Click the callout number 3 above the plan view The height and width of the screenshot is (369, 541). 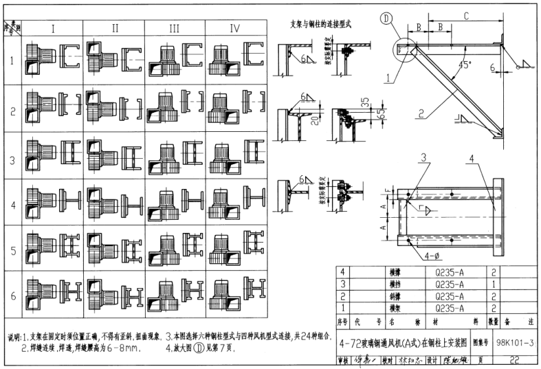pyautogui.click(x=425, y=157)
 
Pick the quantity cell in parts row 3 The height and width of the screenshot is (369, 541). pyautogui.click(x=492, y=284)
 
